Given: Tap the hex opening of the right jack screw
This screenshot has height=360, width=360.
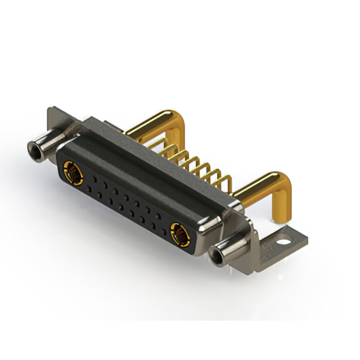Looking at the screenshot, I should point(216,258).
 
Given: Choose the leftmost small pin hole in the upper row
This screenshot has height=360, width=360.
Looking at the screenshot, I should point(92,177).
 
